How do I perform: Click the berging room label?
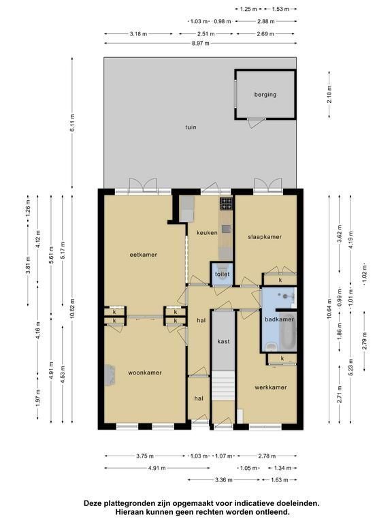[x=265, y=95]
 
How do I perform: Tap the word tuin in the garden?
[x=191, y=127]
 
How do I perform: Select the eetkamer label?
[x=144, y=255]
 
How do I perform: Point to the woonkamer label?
[x=145, y=373]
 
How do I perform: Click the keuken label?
[x=207, y=232]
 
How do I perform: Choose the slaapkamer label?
[x=265, y=237]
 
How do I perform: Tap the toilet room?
[x=222, y=274]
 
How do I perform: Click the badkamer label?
[x=279, y=319]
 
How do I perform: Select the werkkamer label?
[x=271, y=387]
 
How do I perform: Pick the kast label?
[x=223, y=341]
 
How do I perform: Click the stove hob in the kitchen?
[x=226, y=204]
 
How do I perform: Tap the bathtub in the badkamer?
[x=288, y=332]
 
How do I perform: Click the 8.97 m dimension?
[x=200, y=43]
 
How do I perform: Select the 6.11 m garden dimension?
[x=72, y=122]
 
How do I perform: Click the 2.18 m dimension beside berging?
[x=329, y=94]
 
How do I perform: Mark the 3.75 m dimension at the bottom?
[x=145, y=456]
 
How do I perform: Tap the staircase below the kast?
[x=223, y=385]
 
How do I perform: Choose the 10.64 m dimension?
[x=329, y=308]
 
